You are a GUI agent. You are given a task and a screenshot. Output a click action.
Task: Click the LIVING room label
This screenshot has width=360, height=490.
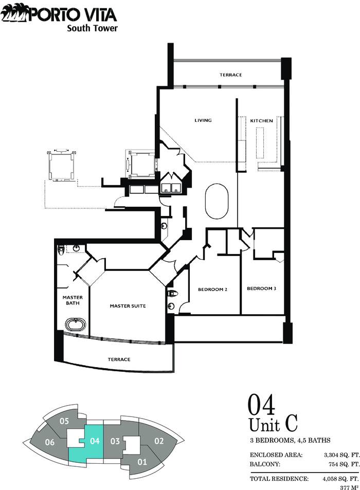tap(203, 120)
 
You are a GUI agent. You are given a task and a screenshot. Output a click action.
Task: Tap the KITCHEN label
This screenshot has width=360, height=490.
tap(262, 121)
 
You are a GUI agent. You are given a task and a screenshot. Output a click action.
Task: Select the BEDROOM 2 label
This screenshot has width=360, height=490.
tap(212, 289)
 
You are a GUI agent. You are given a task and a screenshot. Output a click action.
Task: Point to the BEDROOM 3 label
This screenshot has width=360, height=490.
tap(261, 288)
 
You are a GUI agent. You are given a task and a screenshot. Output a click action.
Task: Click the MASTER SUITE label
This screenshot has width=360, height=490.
tap(128, 306)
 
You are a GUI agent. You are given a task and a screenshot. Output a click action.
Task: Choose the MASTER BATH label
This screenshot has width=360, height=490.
tap(73, 300)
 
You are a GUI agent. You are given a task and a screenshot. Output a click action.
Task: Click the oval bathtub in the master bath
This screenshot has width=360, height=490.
tap(75, 324)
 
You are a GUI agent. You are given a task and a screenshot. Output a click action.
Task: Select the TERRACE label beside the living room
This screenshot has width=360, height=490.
tap(230, 75)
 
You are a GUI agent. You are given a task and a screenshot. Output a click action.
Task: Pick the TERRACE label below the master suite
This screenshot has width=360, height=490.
tap(119, 359)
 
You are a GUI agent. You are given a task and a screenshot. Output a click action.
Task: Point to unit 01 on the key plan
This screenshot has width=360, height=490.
tap(142, 462)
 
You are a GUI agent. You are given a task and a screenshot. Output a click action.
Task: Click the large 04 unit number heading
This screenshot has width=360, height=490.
tap(261, 405)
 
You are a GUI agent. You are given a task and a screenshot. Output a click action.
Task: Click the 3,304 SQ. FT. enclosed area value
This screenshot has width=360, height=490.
tap(342, 455)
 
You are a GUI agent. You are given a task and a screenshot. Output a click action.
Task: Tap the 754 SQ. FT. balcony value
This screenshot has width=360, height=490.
tap(344, 464)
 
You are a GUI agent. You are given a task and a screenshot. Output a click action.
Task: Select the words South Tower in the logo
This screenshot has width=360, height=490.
tap(93, 28)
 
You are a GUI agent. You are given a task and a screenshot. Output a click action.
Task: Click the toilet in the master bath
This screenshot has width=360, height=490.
tap(61, 250)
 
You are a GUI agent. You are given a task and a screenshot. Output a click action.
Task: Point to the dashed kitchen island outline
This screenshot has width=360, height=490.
tap(260, 143)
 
